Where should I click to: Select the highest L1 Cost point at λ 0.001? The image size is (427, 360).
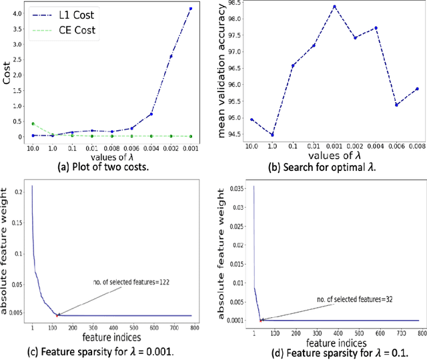[x=191, y=9]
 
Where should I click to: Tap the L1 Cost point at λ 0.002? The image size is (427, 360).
[x=170, y=57]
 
